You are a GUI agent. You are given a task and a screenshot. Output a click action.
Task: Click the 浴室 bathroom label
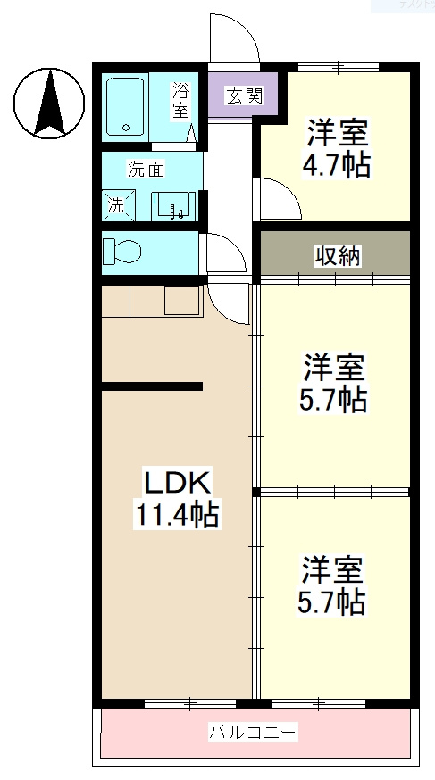181,100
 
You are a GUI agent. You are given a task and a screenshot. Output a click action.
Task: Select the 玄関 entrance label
243,95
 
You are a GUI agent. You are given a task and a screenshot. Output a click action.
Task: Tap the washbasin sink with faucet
172,205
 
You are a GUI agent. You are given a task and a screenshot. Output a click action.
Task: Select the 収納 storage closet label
337,256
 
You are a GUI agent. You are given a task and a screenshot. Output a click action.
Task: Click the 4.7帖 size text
338,165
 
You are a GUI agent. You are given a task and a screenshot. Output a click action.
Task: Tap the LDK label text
177,483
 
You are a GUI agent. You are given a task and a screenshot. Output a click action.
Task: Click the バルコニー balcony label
253,733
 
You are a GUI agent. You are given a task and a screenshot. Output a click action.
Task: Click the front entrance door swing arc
234,37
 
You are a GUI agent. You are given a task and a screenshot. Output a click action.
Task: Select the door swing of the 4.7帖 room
278,195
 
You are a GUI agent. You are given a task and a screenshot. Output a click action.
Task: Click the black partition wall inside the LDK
152,386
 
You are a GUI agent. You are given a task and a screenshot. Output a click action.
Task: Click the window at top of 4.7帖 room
338,66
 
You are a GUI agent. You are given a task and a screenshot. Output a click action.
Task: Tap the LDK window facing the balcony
187,703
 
